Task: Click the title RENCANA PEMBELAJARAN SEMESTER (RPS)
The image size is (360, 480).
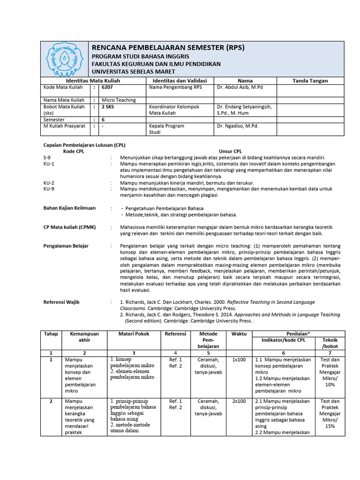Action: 168,47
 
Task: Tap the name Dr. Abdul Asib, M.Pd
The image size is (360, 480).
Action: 240,87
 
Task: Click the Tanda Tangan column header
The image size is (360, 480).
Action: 310,81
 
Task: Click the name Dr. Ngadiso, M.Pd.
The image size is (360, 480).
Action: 238,126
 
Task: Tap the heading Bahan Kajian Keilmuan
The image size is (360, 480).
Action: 69,208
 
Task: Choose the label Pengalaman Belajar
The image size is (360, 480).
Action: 66,246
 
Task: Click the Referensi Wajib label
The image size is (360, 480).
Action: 61,302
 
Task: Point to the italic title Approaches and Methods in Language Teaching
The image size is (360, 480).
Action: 287,315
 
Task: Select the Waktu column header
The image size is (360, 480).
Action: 239,333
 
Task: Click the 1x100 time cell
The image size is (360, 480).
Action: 239,360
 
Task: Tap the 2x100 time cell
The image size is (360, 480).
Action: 239,401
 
